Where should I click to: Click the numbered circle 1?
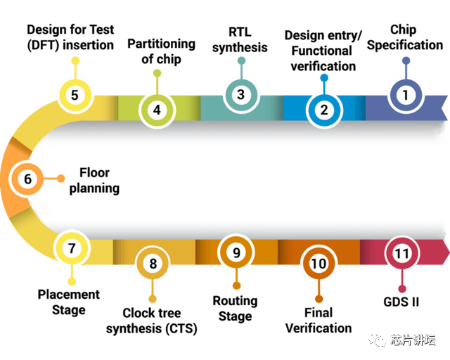[x=405, y=95]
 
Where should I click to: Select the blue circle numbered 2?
[x=324, y=110]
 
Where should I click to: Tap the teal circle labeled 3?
[x=241, y=94]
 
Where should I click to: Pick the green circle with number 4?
[x=157, y=110]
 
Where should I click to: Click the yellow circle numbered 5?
[x=75, y=94]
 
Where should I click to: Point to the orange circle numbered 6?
[x=28, y=179]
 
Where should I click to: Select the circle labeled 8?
[x=153, y=264]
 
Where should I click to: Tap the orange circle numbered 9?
[x=236, y=252]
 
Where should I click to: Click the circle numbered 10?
[x=319, y=264]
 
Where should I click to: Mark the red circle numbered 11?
[x=402, y=253]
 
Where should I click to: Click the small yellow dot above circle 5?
[x=75, y=60]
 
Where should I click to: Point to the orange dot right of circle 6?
[x=62, y=179]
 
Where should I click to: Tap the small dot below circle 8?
[x=153, y=299]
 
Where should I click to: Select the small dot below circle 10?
[x=319, y=299]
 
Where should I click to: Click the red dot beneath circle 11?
[x=402, y=288]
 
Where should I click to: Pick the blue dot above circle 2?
[x=324, y=76]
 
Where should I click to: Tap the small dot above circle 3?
[x=241, y=60]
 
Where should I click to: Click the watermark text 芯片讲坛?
[x=413, y=340]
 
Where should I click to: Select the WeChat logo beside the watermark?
[x=378, y=340]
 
